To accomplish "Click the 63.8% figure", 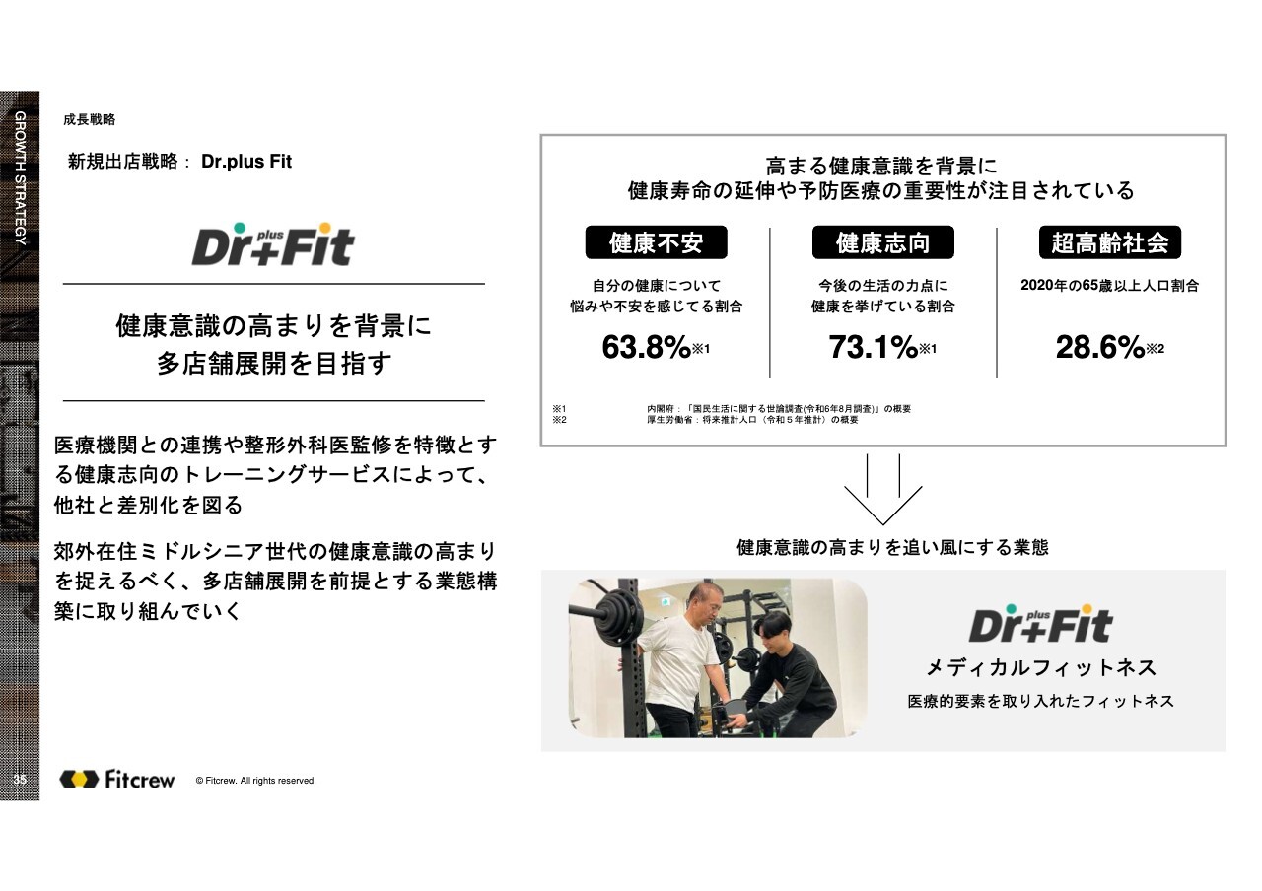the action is (x=646, y=346).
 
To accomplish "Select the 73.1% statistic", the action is (x=874, y=346).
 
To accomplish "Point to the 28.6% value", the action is (x=1100, y=346).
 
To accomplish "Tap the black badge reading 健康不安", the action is (x=657, y=242).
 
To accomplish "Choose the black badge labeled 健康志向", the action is (x=882, y=242).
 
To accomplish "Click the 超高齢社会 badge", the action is (x=1110, y=242).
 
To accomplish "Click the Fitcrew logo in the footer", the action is (x=117, y=780).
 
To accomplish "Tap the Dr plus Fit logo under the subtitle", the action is (x=273, y=244).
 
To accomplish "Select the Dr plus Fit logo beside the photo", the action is (x=1040, y=624).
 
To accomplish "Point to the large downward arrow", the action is (x=882, y=490).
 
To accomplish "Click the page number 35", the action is (x=20, y=780).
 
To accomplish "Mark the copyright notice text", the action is (x=255, y=781).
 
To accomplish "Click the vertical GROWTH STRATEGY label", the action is (x=21, y=178).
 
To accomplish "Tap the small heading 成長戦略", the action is (x=89, y=119).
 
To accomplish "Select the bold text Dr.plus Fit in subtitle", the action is (x=246, y=162).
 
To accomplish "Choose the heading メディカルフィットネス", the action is (x=1041, y=668).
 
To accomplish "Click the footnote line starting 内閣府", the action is (x=779, y=409).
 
